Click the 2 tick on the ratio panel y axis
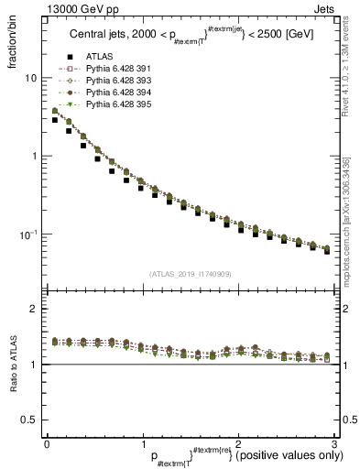[x=36, y=309]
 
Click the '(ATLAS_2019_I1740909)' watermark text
[x=190, y=273]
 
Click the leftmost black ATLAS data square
[x=55, y=120]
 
